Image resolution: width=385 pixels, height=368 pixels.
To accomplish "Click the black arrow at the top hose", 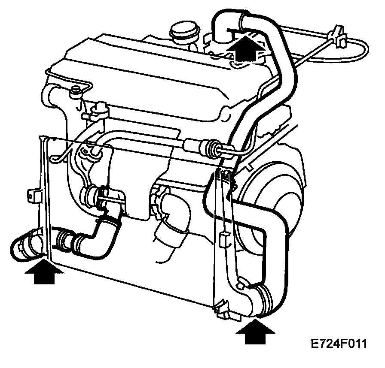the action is click(244, 48).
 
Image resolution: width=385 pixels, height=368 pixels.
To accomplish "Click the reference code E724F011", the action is click(339, 344).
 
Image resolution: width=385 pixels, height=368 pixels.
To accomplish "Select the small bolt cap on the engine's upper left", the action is click(76, 91).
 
